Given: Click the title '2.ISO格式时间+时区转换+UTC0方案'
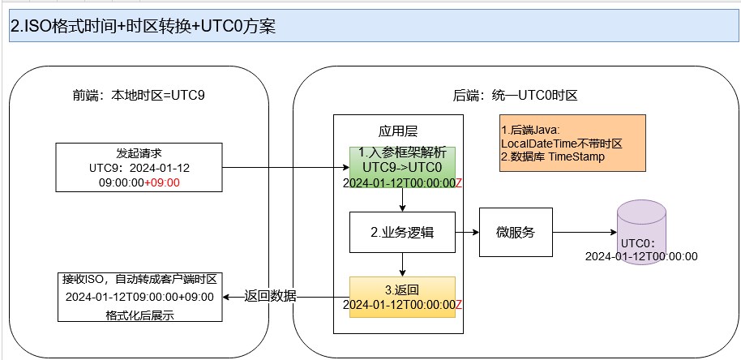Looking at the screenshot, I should click(143, 26).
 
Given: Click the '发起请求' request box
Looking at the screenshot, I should click(139, 168).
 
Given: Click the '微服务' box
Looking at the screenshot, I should click(516, 233).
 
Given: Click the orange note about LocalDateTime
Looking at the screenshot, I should click(572, 144).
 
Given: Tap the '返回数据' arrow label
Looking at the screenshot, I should click(271, 297).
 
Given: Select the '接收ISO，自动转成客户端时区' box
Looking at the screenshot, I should click(139, 297).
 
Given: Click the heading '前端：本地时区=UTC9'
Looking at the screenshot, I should click(139, 95).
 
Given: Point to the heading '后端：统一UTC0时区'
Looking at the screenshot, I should click(515, 95).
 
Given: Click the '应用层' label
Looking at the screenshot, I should click(398, 131).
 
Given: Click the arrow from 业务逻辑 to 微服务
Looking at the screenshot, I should click(468, 233).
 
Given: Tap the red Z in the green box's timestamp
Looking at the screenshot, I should click(459, 183).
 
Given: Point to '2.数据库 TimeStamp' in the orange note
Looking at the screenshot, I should click(553, 156).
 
